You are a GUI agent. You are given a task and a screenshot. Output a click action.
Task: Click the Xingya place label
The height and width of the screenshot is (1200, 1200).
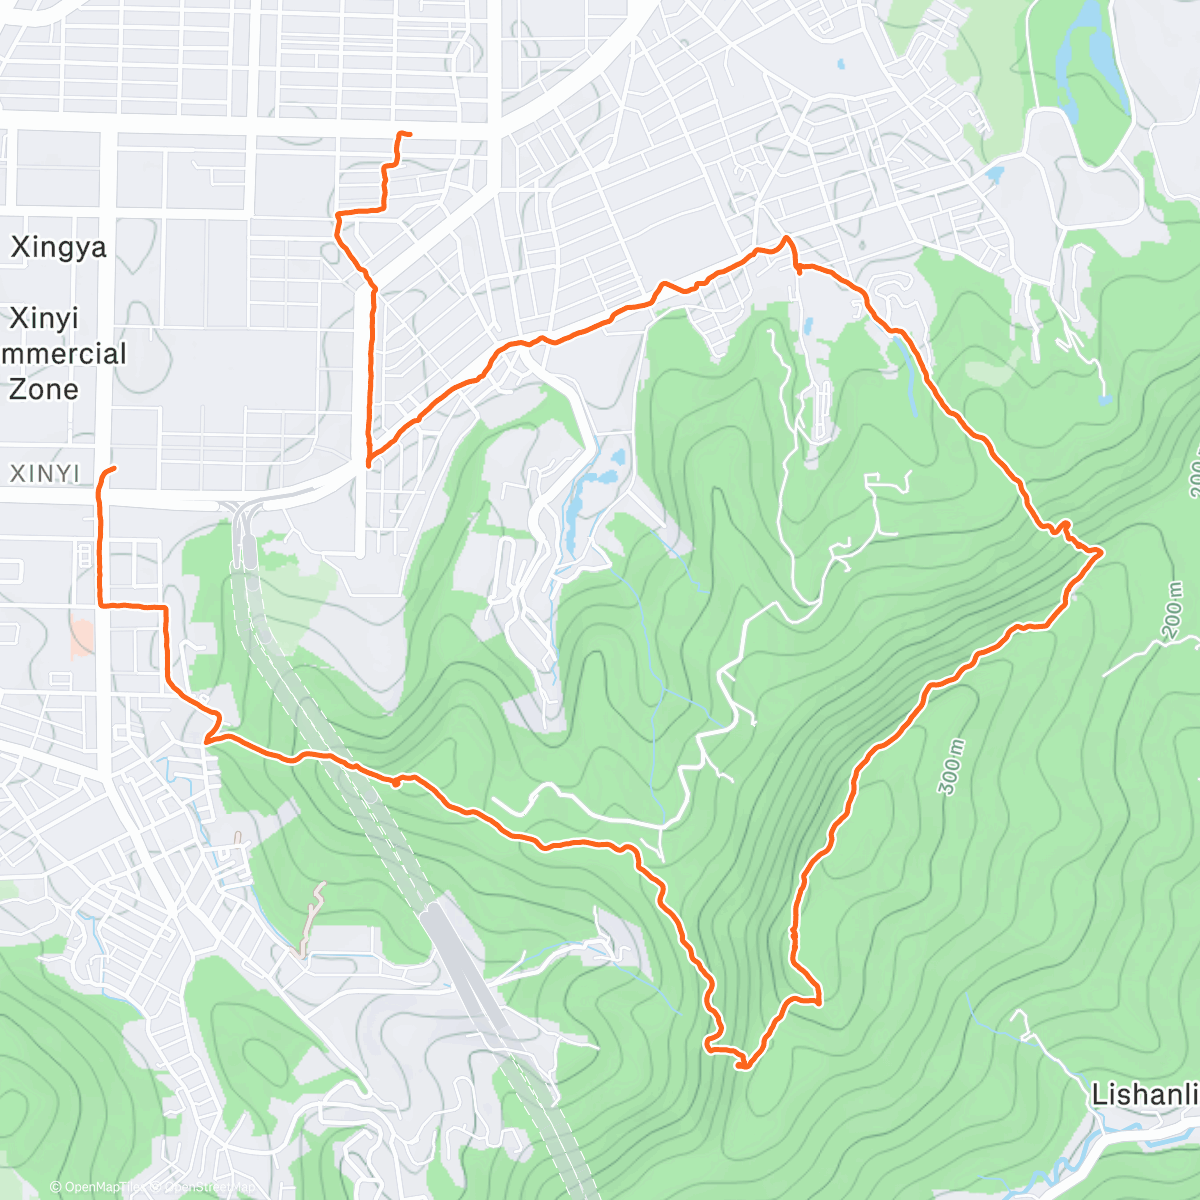coord(58,247)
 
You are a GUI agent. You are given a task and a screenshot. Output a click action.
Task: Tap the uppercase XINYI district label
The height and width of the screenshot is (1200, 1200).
coord(44,473)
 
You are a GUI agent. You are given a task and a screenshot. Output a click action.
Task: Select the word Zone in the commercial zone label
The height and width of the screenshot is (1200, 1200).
coord(43,389)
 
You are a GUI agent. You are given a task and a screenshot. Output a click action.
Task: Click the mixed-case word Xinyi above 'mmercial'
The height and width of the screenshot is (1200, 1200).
coord(43,318)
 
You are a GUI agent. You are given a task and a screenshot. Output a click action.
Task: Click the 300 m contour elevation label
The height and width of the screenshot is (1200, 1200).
coord(951,767)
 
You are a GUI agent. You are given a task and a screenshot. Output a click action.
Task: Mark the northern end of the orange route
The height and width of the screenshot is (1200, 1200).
coord(404,133)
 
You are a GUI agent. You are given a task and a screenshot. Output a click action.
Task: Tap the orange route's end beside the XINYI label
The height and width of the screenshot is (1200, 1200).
coord(114,469)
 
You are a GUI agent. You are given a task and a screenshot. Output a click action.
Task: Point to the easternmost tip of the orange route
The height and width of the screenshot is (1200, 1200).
coord(1101,551)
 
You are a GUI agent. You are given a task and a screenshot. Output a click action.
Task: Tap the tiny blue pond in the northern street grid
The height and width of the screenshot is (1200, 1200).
coord(840,64)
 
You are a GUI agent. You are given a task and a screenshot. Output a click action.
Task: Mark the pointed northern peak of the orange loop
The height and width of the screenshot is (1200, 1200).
coord(787,238)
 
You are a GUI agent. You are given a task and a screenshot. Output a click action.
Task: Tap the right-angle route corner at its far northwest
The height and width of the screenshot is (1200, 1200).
coord(338,214)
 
